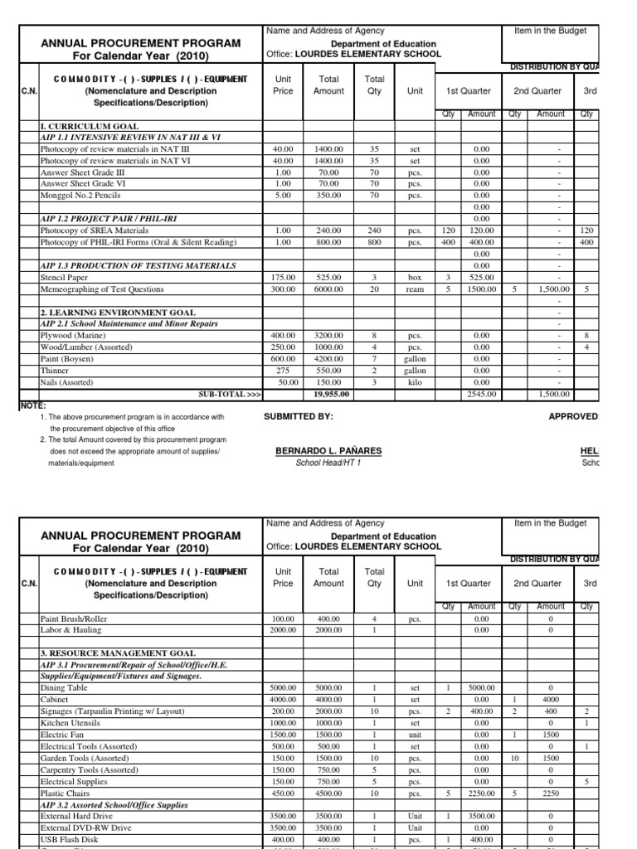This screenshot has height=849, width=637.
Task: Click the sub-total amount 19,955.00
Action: coord(328,395)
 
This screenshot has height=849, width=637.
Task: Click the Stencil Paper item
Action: coord(64,278)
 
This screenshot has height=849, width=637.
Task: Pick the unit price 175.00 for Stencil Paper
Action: coord(283,278)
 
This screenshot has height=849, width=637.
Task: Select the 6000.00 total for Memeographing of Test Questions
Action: coord(328,289)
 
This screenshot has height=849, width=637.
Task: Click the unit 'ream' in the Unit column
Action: coord(415,289)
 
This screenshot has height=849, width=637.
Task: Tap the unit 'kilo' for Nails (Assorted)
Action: coord(415,382)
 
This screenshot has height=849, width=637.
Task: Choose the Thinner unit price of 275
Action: coord(283,371)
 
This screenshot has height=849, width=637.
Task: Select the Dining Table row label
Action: coord(63,687)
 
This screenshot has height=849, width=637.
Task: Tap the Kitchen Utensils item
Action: coord(70,722)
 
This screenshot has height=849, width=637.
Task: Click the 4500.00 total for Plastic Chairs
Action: coord(328,792)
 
